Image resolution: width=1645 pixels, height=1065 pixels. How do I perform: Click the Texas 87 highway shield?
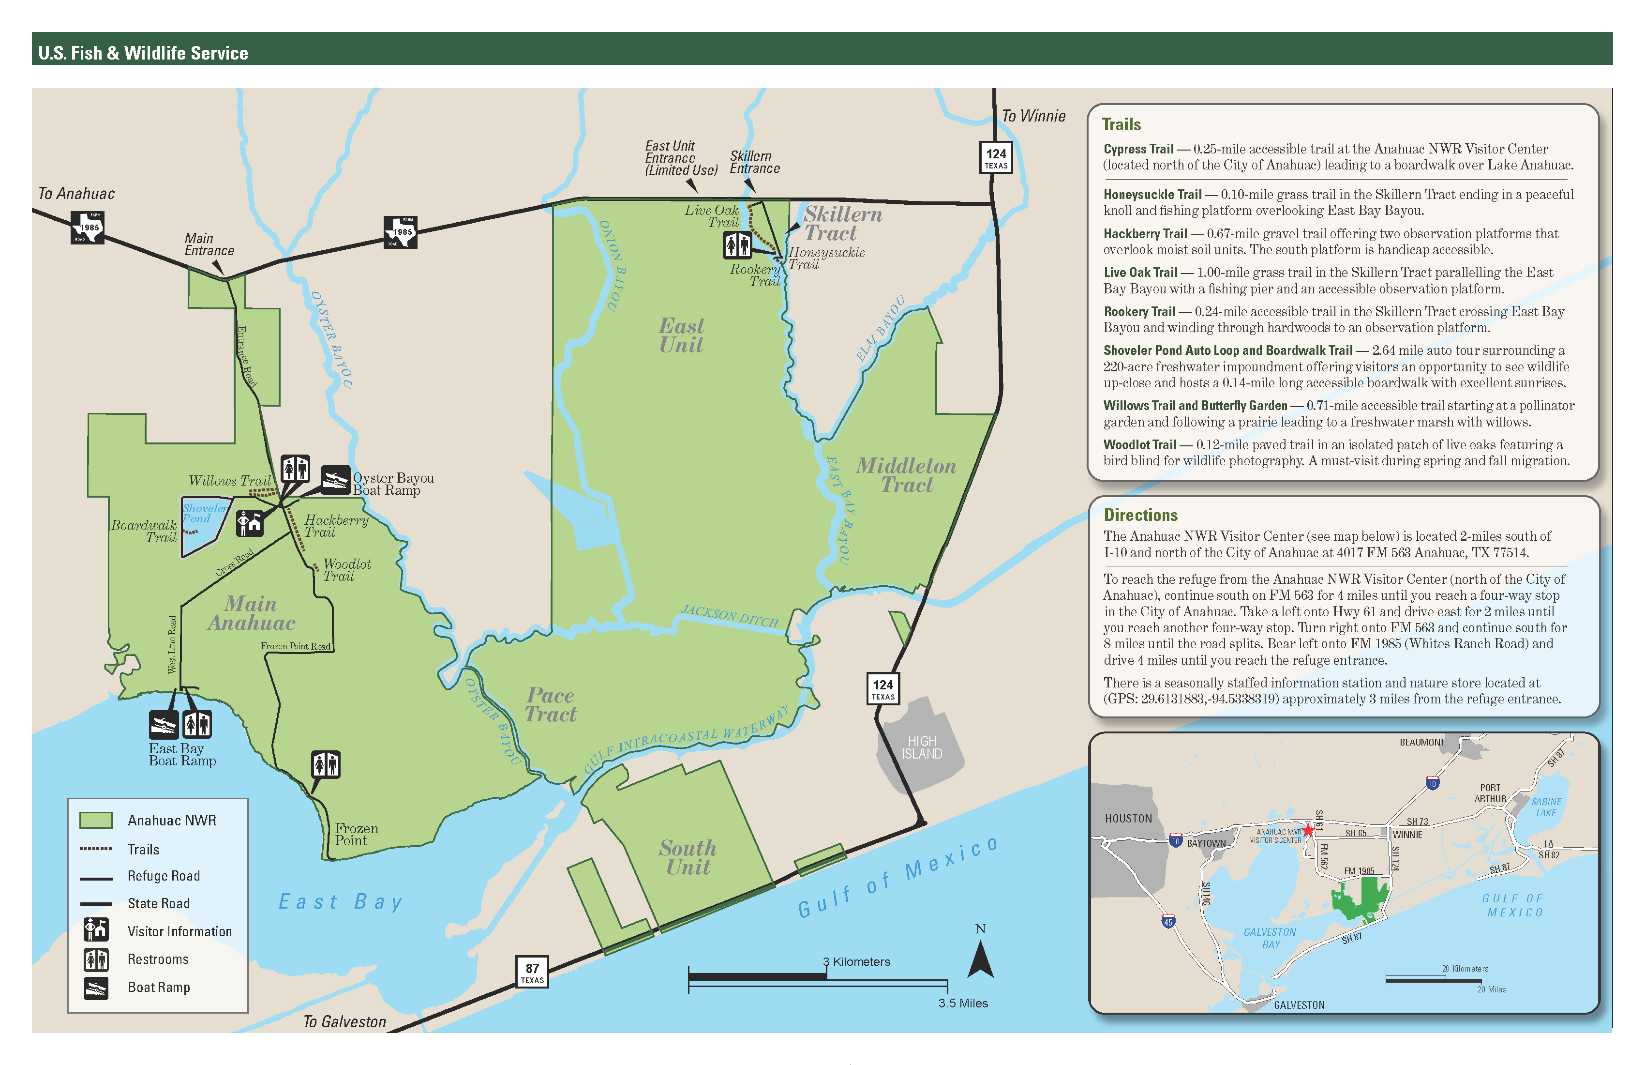coord(532,972)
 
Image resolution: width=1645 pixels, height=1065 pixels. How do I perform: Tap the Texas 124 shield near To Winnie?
coord(995,158)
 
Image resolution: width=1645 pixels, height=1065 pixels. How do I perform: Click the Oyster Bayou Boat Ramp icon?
coord(335,479)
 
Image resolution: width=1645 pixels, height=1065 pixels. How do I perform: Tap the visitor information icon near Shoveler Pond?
coord(250,523)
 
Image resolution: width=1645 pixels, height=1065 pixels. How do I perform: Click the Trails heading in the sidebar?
coord(1121,124)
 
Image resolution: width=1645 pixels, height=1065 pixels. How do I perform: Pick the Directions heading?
coord(1140,515)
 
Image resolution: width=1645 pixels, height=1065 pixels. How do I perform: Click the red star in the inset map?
coord(1308,830)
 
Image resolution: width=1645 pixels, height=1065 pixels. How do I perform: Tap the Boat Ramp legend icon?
coord(96,988)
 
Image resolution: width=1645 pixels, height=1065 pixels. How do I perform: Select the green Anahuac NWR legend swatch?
coord(96,820)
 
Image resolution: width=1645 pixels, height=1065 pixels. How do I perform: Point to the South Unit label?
coord(688,857)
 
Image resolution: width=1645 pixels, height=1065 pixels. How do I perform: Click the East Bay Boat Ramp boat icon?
coord(164,724)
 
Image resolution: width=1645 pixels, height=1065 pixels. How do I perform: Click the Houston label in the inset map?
coord(1128,818)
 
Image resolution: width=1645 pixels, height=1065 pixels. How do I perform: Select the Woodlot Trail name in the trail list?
coord(1139,445)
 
